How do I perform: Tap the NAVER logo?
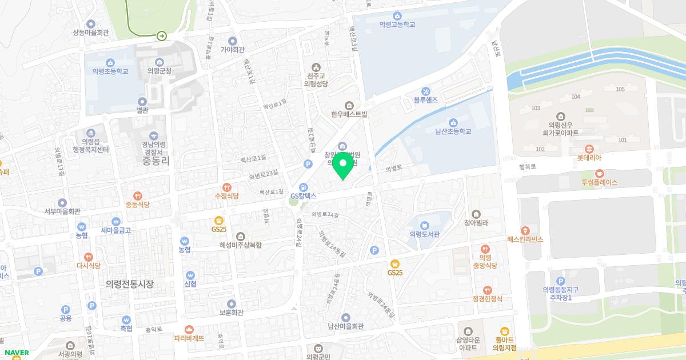(16, 353)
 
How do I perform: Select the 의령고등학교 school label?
(397, 25)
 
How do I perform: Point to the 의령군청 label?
(159, 71)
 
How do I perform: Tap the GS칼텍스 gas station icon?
(304, 186)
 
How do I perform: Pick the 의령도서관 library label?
(424, 234)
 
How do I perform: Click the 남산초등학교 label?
(453, 131)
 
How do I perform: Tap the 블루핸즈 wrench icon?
(425, 91)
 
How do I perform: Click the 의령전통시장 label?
(130, 284)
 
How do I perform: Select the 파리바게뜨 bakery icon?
(189, 329)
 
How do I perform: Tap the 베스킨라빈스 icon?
(525, 230)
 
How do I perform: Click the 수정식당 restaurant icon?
(226, 187)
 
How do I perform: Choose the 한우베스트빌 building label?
(349, 114)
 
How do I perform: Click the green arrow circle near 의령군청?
(162, 36)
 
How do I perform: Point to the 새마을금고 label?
(116, 230)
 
